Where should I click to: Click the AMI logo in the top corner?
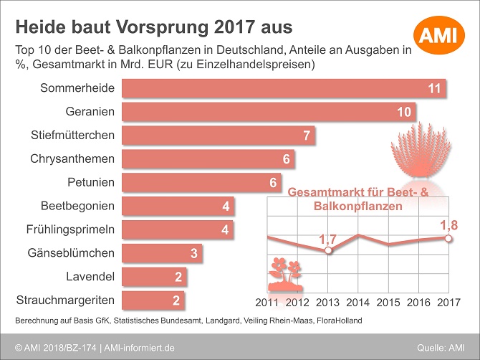(x=441, y=33)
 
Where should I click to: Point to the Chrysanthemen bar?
(x=208, y=159)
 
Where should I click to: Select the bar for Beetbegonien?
(x=178, y=206)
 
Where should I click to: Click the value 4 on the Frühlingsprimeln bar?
(x=226, y=230)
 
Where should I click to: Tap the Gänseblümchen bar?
(x=162, y=253)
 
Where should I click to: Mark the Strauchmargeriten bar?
(x=153, y=300)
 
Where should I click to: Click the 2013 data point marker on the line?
(x=328, y=251)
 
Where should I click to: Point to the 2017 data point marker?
(x=448, y=237)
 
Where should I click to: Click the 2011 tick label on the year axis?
(x=268, y=302)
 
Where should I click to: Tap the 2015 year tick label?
(x=388, y=302)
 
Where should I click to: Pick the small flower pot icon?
(x=284, y=275)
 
